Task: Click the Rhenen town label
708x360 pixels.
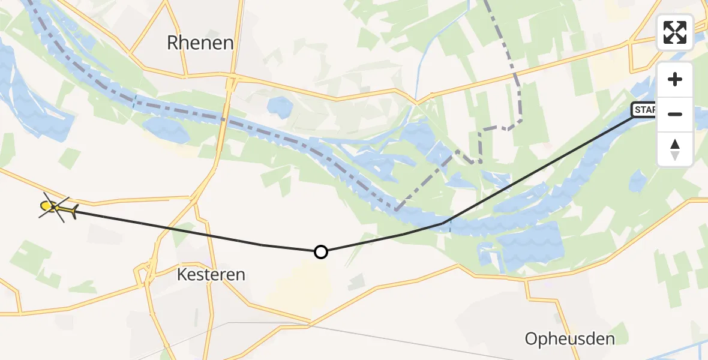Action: tap(200, 43)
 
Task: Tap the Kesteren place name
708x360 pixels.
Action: tap(211, 275)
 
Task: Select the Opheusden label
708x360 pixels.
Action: tap(569, 339)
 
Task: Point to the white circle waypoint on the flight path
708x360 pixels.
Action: tap(321, 252)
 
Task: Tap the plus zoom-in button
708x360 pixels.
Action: tap(675, 79)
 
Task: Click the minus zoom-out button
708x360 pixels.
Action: tap(675, 114)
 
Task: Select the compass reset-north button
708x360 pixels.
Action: tap(675, 149)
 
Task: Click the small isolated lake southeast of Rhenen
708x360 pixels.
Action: tap(279, 107)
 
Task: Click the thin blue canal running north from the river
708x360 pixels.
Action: tap(422, 66)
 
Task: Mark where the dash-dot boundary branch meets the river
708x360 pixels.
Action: tap(396, 210)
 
